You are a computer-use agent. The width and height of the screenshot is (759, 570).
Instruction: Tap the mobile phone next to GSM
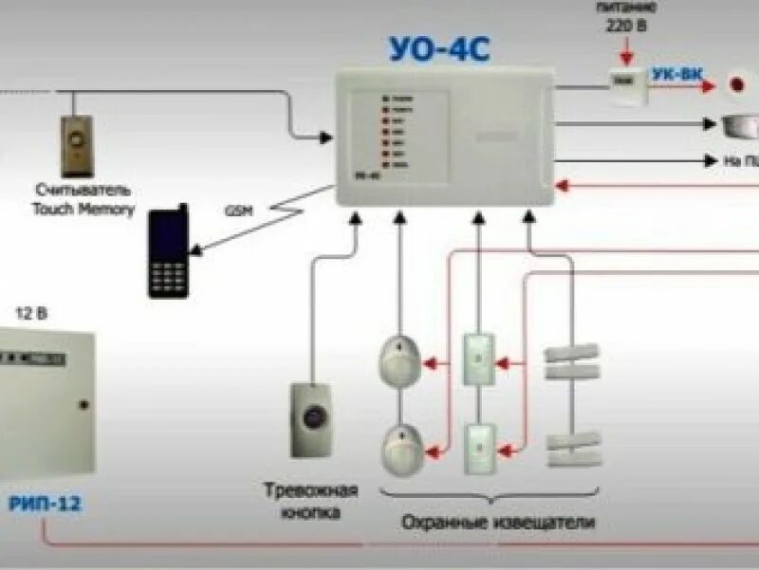click(x=168, y=251)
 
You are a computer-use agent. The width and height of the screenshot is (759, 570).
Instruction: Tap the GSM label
click(x=239, y=211)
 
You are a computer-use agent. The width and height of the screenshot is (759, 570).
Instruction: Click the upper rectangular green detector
click(x=478, y=359)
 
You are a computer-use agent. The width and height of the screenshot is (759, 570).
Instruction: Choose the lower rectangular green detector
click(x=478, y=449)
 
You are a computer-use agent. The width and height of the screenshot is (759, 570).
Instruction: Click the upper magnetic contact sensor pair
click(x=573, y=359)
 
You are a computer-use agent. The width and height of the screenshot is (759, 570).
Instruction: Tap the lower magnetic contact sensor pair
click(x=573, y=449)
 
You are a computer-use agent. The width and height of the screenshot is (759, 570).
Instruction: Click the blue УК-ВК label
click(x=676, y=74)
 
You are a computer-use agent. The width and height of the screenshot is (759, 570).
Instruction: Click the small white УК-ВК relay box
click(x=625, y=86)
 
